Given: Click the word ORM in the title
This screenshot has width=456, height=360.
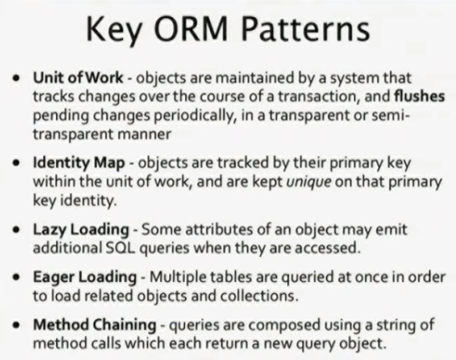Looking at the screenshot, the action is click(191, 28).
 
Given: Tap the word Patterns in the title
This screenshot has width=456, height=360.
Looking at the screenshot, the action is click(305, 28).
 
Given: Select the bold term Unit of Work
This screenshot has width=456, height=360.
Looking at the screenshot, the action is click(78, 78).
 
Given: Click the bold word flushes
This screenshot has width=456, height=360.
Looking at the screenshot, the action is click(419, 96).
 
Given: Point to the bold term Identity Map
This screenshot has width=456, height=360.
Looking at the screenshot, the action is click(79, 162).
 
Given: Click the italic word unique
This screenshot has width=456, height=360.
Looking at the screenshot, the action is click(309, 182).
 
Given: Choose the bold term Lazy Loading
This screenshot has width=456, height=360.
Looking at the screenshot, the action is click(81, 229).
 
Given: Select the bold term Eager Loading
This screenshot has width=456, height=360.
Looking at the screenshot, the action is click(85, 277).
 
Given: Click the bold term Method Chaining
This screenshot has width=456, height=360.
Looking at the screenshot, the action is click(95, 325).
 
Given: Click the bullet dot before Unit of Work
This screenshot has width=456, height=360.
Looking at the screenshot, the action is click(18, 79).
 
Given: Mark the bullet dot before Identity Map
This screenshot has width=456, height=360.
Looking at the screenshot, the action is click(18, 163).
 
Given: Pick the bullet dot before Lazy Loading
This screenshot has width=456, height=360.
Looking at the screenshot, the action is click(18, 230).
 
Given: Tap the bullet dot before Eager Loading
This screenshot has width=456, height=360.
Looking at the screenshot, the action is click(18, 277).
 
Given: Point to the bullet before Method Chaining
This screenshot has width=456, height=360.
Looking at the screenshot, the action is click(18, 325).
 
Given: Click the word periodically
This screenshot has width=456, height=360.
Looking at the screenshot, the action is click(194, 116).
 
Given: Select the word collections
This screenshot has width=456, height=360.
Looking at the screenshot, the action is click(259, 296).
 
